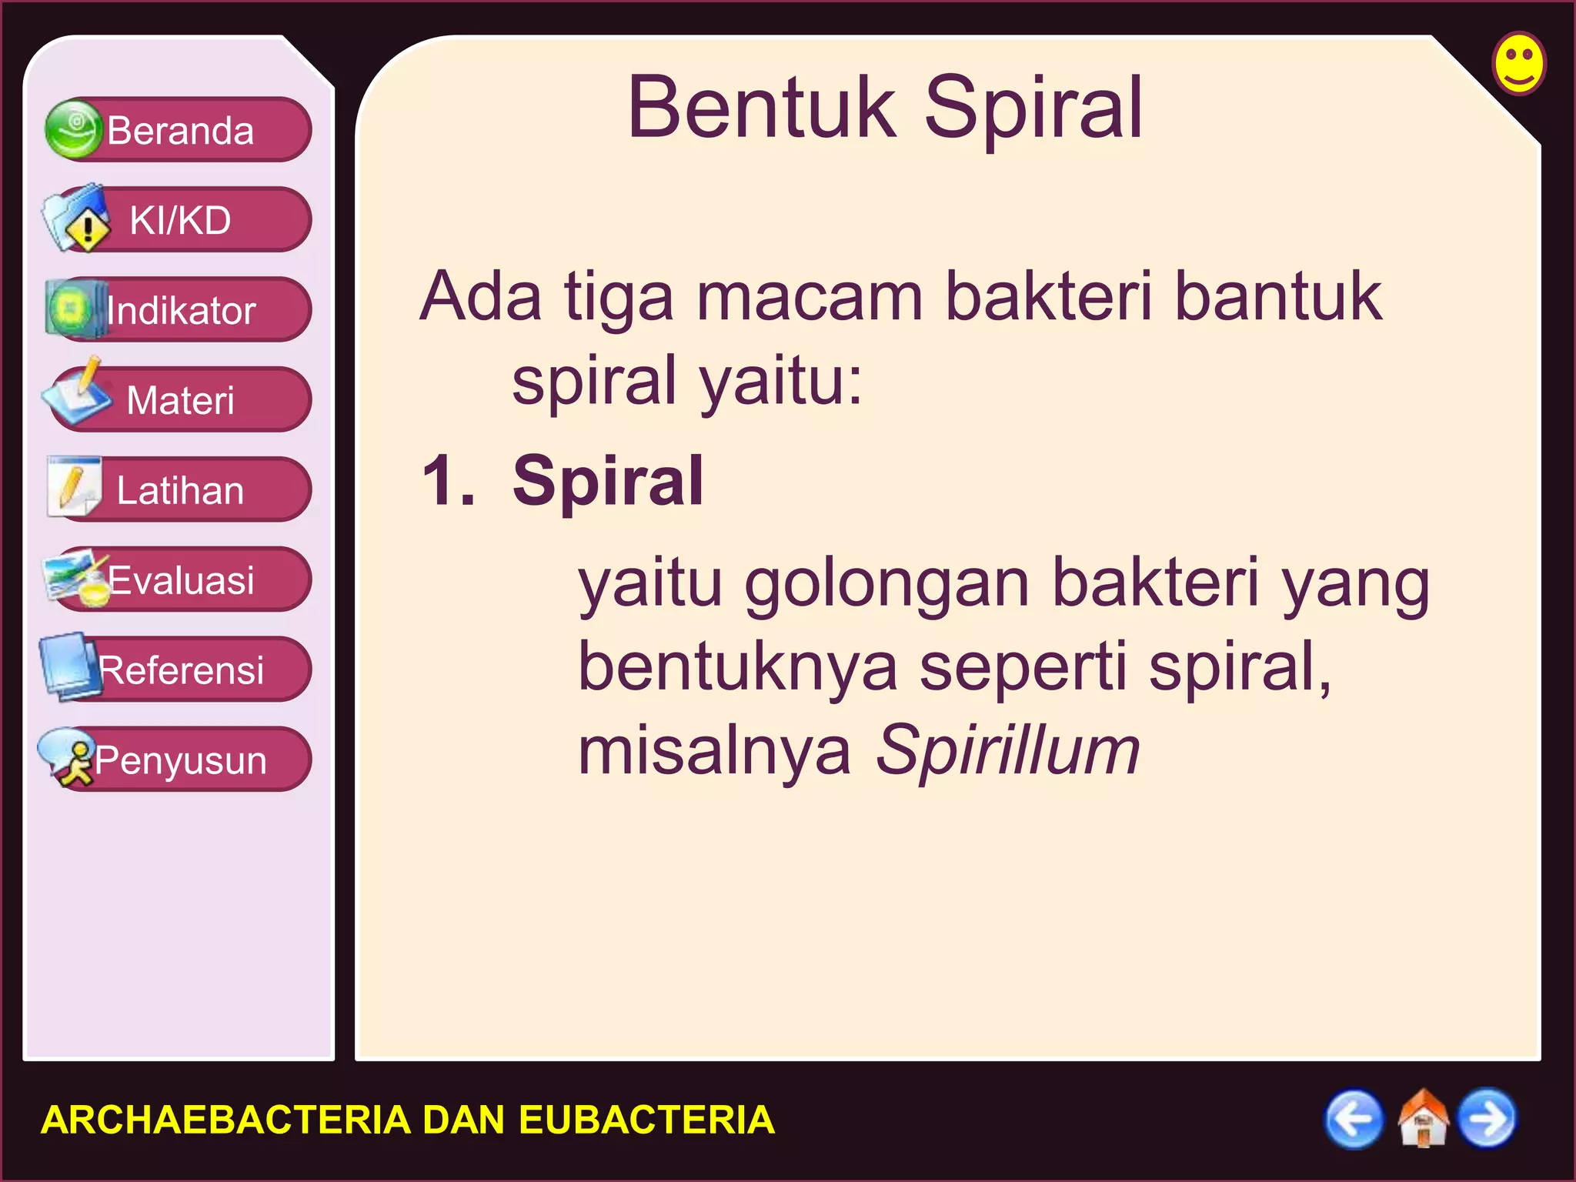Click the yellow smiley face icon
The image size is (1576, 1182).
1518,63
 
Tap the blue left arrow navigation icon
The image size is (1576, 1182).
1353,1119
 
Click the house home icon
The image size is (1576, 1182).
1422,1119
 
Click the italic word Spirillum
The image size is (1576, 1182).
1007,751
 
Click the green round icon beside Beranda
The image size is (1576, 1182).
73,129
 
